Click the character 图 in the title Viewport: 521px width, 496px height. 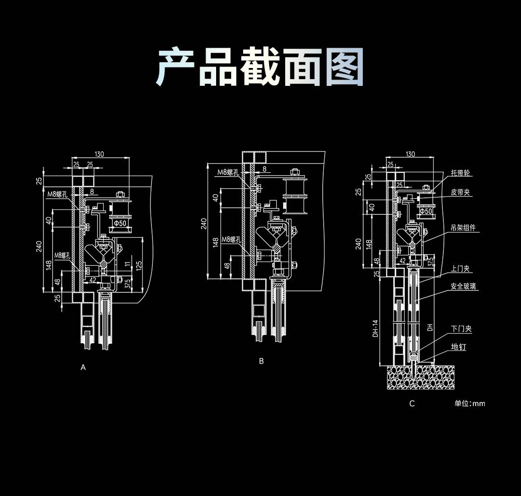pos(344,68)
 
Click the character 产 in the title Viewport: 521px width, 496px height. pos(176,68)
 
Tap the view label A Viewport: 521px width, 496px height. pos(83,367)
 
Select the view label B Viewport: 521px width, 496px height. pos(261,361)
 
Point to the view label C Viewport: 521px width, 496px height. pos(411,403)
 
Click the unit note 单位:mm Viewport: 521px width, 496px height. pos(469,403)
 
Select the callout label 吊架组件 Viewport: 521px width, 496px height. pos(463,228)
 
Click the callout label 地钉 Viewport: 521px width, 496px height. pos(458,347)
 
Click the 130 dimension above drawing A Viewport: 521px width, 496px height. pos(99,154)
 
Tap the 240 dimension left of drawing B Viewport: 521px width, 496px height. pos(204,223)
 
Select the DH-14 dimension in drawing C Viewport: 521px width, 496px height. pos(375,329)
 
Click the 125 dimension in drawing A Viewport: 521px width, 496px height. pos(139,265)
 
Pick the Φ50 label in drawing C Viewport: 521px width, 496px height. pos(425,211)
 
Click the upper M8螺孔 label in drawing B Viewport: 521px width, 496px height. pos(228,172)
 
